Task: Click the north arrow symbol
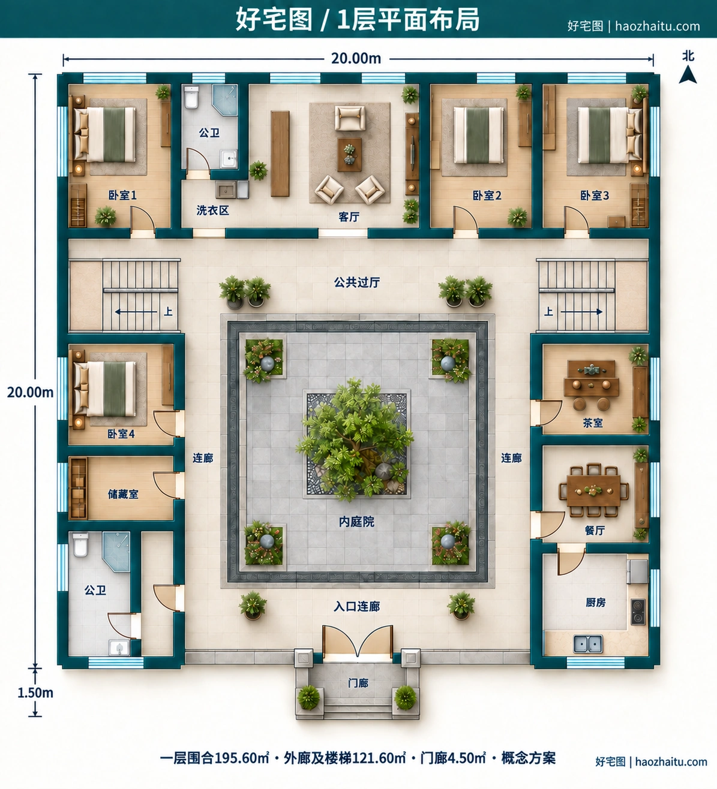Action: pyautogui.click(x=688, y=74)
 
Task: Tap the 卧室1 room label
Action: pyautogui.click(x=122, y=195)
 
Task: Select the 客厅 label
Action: pyautogui.click(x=349, y=216)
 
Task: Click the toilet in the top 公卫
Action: pyautogui.click(x=191, y=97)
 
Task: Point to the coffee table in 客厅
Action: pyautogui.click(x=349, y=155)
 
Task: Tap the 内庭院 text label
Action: pyautogui.click(x=356, y=522)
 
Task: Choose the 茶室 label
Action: pyautogui.click(x=593, y=423)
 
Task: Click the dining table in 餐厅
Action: pyautogui.click(x=593, y=490)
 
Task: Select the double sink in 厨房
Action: pyautogui.click(x=588, y=644)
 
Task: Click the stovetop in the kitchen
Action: pyautogui.click(x=638, y=612)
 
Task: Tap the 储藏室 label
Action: pyautogui.click(x=123, y=494)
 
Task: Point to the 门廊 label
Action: pyautogui.click(x=358, y=683)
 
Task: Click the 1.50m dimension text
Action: pyautogui.click(x=35, y=704)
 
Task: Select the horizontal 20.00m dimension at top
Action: pyautogui.click(x=356, y=59)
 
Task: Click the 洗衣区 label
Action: pyautogui.click(x=212, y=210)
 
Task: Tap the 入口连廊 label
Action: pyautogui.click(x=357, y=607)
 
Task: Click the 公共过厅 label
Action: pyautogui.click(x=357, y=282)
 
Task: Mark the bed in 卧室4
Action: pyautogui.click(x=105, y=389)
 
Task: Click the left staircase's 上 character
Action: pyautogui.click(x=168, y=312)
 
